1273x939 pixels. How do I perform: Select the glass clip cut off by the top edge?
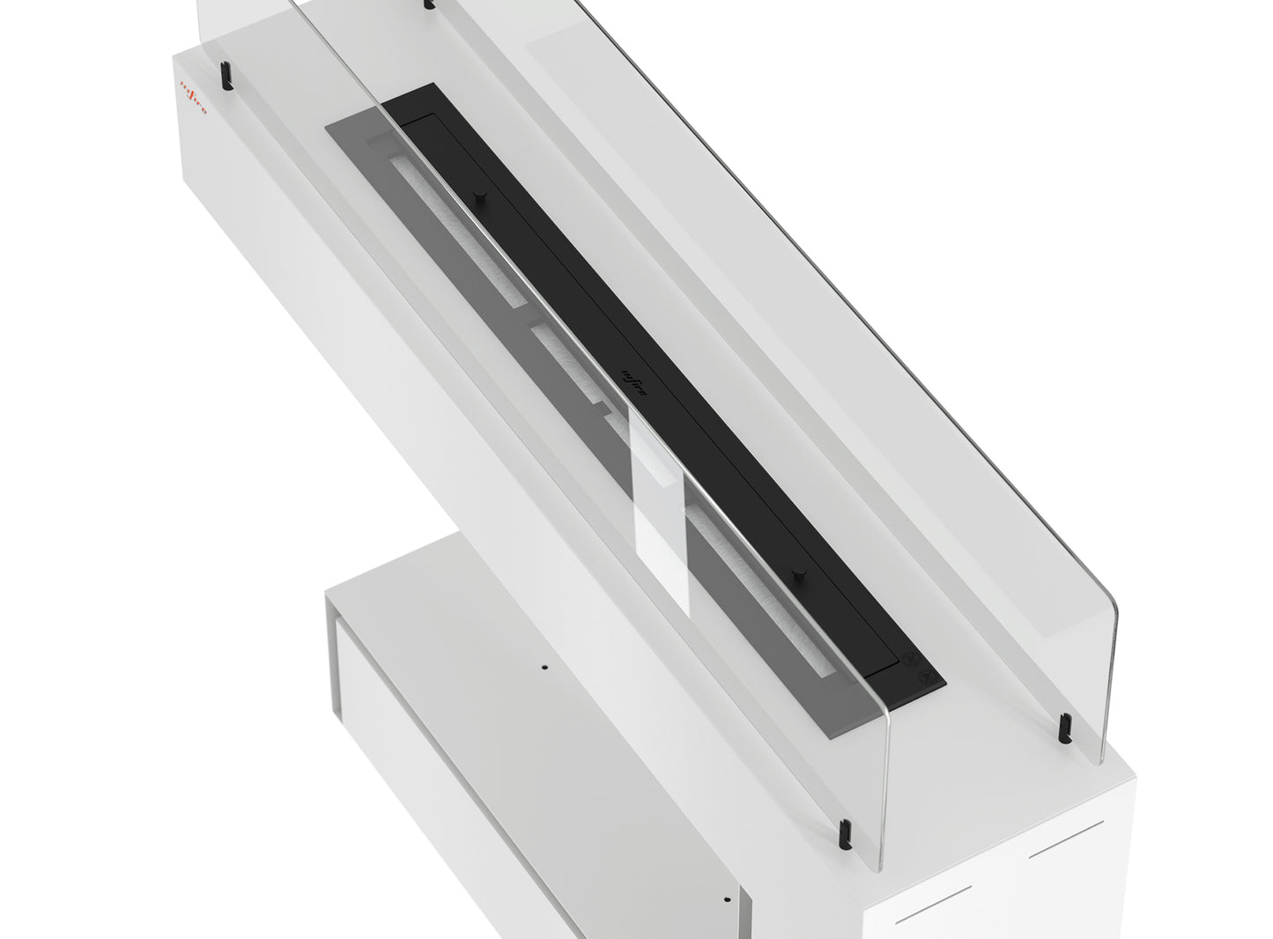tap(429, 4)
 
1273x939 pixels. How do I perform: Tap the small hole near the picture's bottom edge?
tap(727, 899)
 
